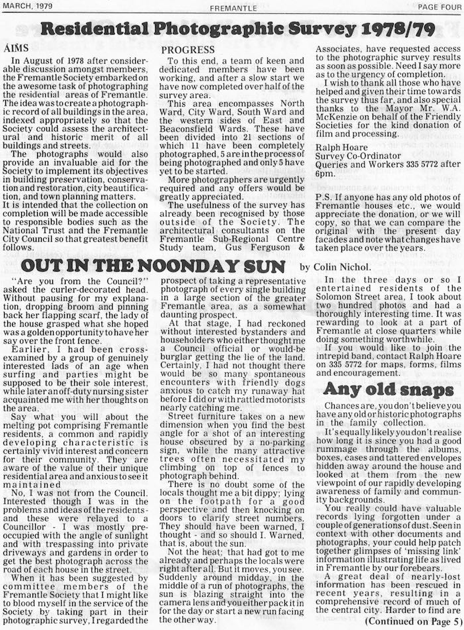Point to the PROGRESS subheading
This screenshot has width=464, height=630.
pos(188,50)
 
